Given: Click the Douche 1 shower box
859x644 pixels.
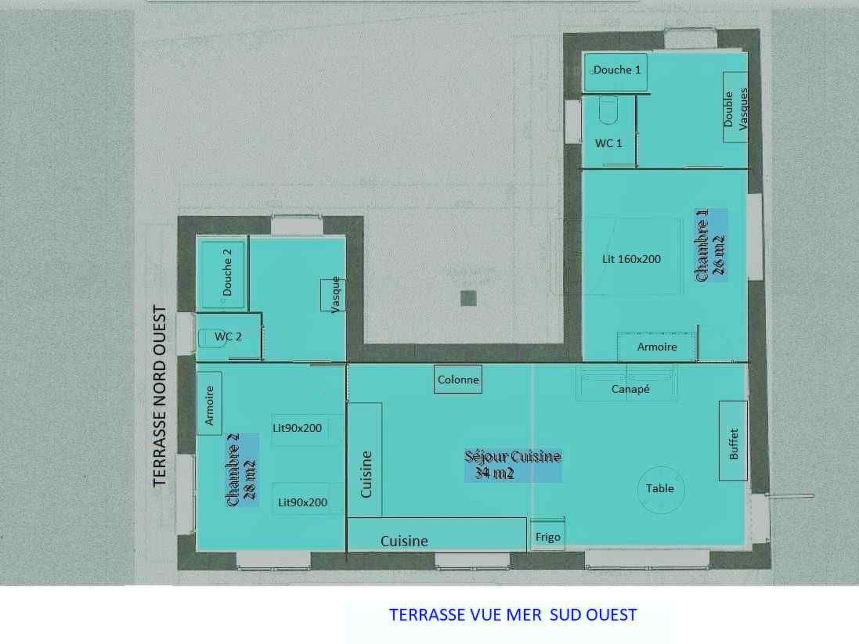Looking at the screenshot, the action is (x=616, y=72).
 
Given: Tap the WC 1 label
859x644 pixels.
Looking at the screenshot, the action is (x=608, y=143).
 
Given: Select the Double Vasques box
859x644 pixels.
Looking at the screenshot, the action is (x=735, y=107).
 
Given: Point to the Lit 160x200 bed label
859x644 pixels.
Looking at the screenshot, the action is (x=631, y=259).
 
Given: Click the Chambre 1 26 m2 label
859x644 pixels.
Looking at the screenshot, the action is (x=710, y=245).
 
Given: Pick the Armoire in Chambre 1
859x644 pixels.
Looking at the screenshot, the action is (x=657, y=347).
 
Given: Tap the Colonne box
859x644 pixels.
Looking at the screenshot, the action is (x=458, y=379).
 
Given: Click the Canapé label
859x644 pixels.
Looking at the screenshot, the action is (x=630, y=389).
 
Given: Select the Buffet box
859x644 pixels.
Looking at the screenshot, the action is (x=733, y=441).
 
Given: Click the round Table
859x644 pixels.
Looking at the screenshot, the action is (x=661, y=489).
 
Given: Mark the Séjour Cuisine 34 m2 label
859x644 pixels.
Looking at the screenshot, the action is (x=513, y=465).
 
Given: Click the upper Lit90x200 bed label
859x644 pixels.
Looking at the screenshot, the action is (x=297, y=428).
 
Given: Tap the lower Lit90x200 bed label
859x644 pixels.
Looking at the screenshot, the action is (x=302, y=502).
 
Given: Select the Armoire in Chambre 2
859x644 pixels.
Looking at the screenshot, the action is (x=209, y=403).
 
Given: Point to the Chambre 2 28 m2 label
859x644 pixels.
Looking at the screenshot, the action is (x=241, y=470).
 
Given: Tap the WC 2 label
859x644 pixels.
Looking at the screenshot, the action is (x=228, y=336).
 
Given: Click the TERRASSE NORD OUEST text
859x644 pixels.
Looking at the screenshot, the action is (x=159, y=396).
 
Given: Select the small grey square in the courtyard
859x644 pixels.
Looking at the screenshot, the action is (x=469, y=299).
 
